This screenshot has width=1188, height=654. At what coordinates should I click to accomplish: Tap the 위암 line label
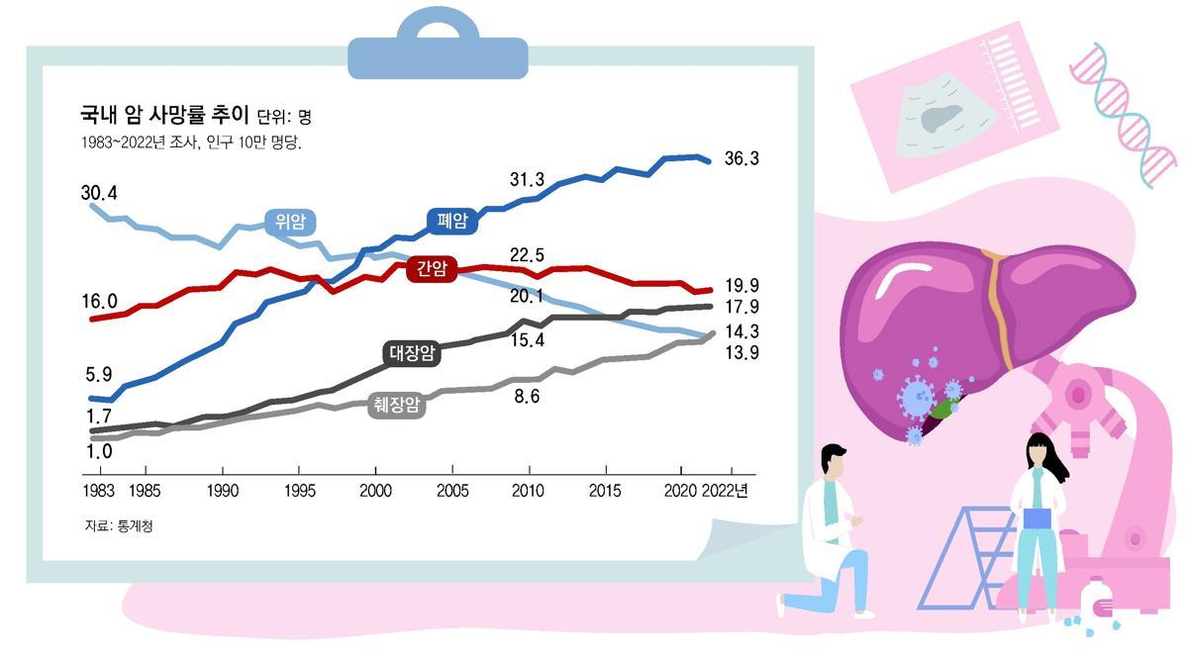pos(290,222)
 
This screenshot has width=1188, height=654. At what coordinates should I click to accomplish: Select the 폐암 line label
pos(451,220)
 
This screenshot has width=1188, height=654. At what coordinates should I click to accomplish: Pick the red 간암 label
pos(432,268)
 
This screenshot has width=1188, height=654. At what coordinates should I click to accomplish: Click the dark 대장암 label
pos(411,353)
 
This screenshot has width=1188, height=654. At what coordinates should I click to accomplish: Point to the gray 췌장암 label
pos(396,404)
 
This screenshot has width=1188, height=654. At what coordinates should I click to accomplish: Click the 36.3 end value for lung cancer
pos(742,158)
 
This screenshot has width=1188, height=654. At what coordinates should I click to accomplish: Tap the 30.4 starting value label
pos(99,192)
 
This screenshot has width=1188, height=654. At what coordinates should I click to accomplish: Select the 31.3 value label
pos(527,179)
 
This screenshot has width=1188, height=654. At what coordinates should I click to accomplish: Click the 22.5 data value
pos(527,255)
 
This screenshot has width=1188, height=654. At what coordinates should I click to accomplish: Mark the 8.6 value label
pos(527,397)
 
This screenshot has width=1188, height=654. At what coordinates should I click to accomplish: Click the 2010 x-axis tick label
pos(529,491)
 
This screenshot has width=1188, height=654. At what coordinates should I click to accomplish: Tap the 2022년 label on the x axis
pos(725,491)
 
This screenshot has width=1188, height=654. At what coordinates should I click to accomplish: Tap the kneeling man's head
pos(833,463)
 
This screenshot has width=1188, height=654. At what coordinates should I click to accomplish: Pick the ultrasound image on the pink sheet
pos(944,117)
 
